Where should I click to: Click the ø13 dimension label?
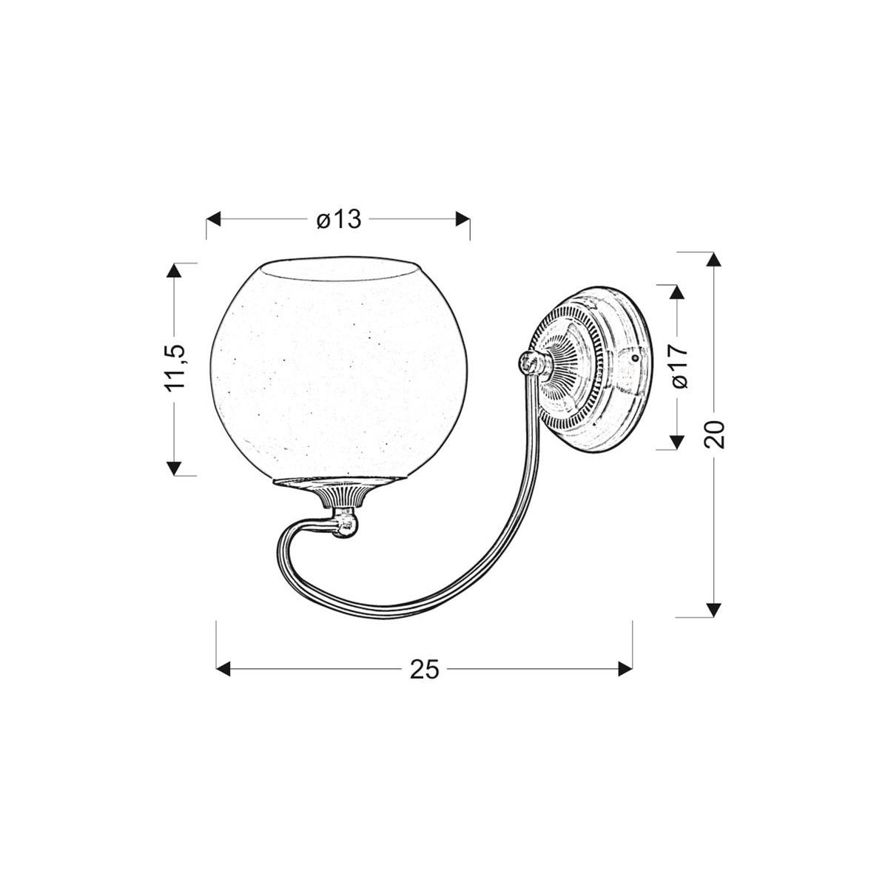338,220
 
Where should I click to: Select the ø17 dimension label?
681,366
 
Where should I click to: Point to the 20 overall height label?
716,434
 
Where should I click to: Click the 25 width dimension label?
424,669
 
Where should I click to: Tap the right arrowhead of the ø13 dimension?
462,219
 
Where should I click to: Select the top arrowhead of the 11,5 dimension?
174,270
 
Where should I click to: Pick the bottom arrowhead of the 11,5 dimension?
174,467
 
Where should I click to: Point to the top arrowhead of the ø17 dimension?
674,292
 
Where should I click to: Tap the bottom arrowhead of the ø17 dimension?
674,443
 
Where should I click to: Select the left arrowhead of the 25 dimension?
223,669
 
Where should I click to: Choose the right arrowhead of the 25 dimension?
625,669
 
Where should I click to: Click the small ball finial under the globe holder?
346,525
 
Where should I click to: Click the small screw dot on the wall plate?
634,356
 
